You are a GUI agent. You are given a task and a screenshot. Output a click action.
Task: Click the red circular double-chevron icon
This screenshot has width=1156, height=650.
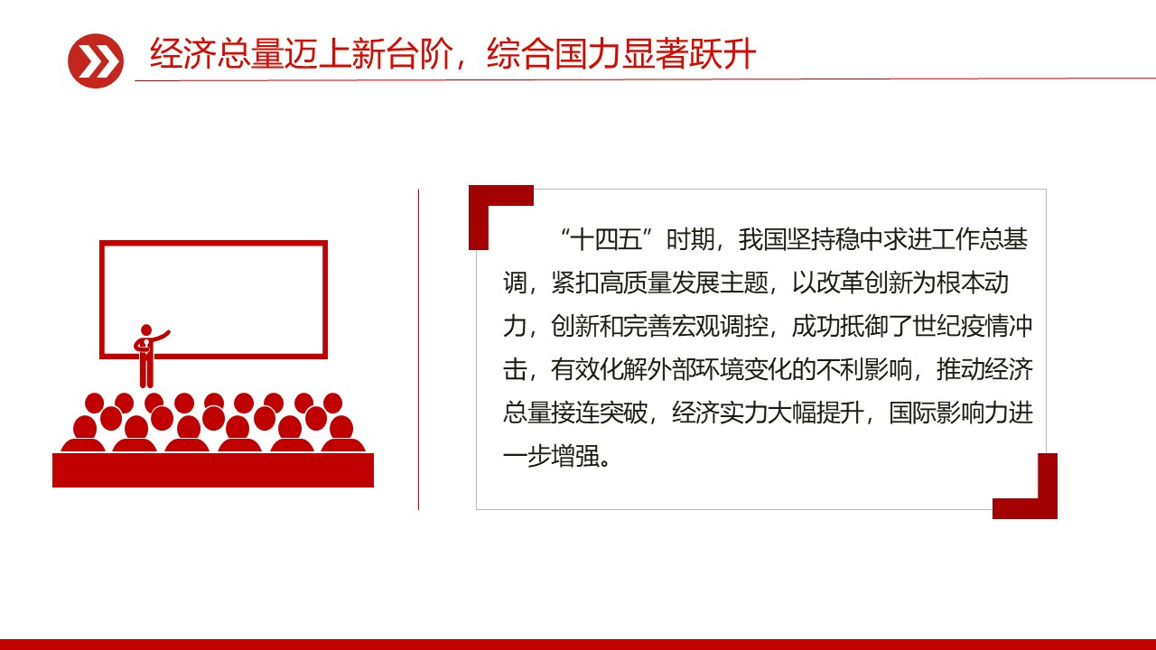tap(95, 60)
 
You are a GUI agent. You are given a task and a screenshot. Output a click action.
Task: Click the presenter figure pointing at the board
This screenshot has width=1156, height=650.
tap(146, 355)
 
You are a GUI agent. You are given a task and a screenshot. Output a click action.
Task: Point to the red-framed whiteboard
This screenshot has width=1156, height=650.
tap(213, 299)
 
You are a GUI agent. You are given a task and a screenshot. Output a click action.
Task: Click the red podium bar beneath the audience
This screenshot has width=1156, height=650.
tap(213, 470)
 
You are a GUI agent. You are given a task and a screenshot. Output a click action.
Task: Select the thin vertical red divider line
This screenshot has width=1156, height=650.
tap(418, 348)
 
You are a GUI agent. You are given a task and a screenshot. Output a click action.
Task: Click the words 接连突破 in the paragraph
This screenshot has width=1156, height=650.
tap(601, 413)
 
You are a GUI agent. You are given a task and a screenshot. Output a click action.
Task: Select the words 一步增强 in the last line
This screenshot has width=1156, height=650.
tap(553, 457)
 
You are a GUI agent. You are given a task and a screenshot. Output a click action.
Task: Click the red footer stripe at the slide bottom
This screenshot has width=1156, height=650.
tap(578, 644)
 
